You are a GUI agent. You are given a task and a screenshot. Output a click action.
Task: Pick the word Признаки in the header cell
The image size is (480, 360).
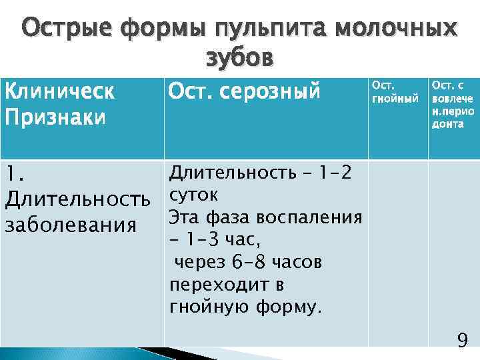(x=55, y=117)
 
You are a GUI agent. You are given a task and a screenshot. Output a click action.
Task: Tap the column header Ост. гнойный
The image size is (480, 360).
(x=395, y=92)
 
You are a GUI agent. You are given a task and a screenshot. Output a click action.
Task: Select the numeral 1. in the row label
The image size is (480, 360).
(x=14, y=175)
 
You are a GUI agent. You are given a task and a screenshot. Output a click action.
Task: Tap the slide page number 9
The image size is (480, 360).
(x=461, y=341)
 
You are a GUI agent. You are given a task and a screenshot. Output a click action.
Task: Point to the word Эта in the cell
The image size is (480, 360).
(x=182, y=218)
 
